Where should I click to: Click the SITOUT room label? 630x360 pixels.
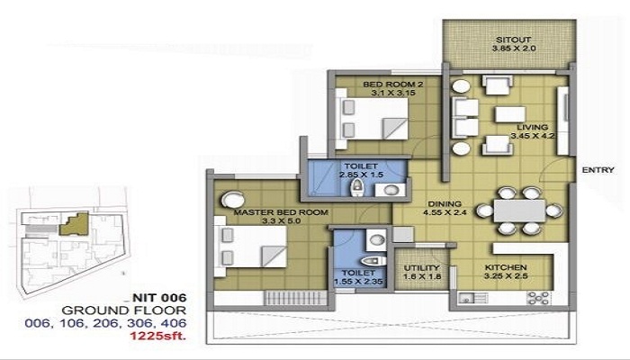coord(513,40)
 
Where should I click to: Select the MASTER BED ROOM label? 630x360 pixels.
coord(281,212)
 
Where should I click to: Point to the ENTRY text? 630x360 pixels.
coord(598,170)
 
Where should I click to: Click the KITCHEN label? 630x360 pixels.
coord(506,267)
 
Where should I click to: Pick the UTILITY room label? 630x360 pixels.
coord(422,268)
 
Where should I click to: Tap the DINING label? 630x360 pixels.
coord(445,203)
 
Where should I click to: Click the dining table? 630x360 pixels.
coord(519,211)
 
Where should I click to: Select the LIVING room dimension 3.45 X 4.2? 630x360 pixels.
coord(533,136)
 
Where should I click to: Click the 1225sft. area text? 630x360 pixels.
coord(157,336)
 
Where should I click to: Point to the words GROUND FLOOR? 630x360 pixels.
coord(124,310)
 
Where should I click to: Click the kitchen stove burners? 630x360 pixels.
coord(538,298)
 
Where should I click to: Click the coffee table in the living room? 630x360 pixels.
coord(510,114)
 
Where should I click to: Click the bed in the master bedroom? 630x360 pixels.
coord(250,247)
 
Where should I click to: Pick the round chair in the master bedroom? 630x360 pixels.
coord(232,200)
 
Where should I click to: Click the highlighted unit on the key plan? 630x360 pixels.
coord(75,225)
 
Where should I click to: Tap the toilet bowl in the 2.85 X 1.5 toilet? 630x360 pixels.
coord(356,187)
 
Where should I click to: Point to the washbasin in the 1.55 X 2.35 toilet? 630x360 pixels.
coord(377,240)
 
